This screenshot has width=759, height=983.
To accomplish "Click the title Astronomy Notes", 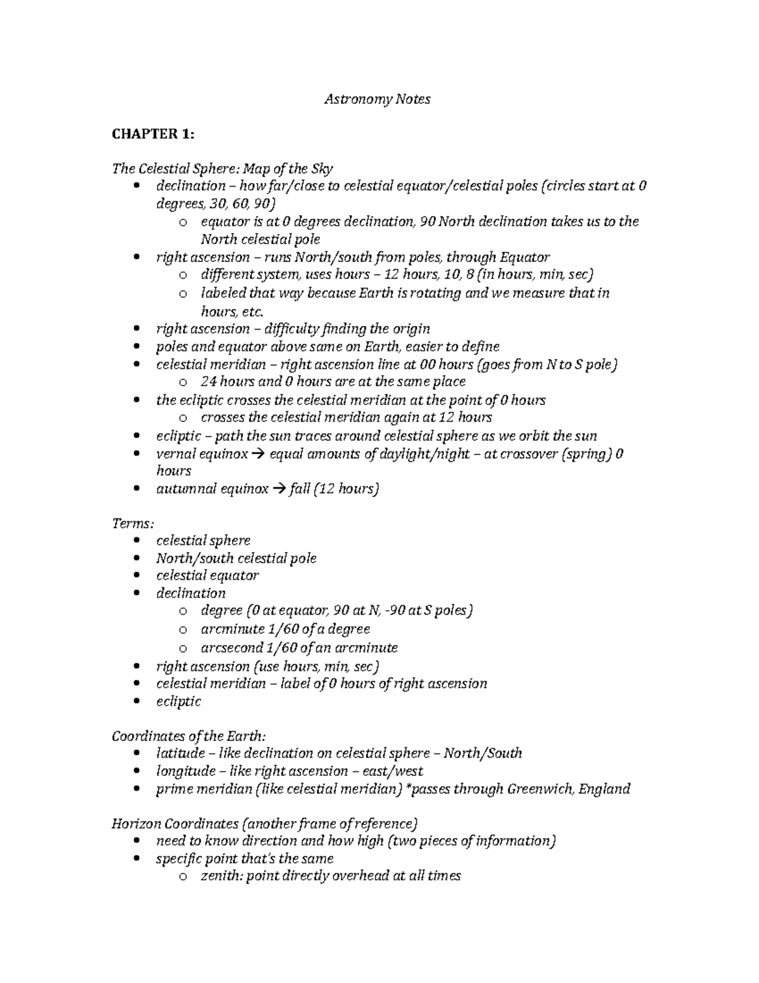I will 377,99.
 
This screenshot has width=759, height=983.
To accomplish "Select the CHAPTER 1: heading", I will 153,134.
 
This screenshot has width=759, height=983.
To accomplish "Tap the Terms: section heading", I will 132,523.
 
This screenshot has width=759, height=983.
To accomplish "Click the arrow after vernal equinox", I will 259,454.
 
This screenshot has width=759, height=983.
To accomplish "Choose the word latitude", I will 180,753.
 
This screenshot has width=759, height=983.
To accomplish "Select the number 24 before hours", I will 209,382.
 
